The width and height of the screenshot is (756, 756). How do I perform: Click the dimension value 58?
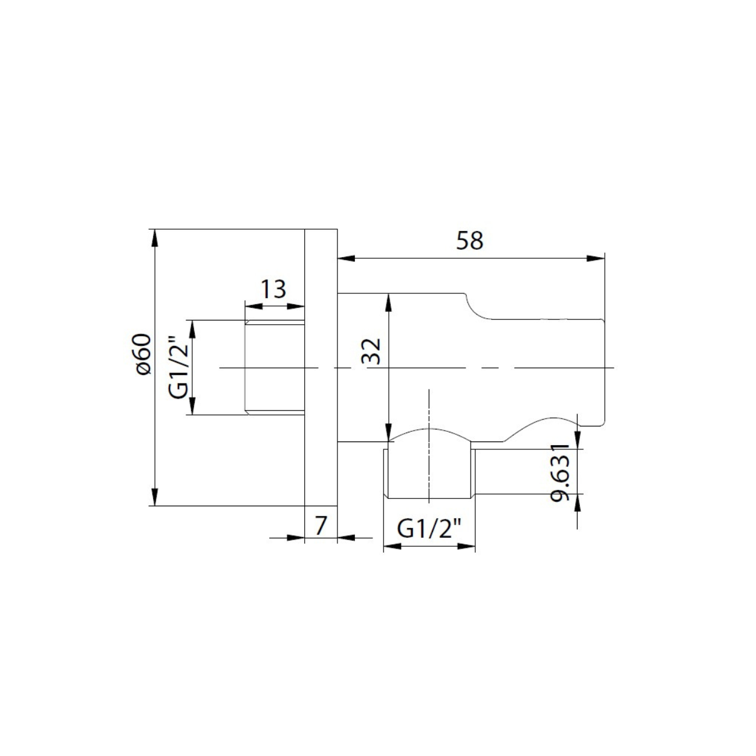coord(469,241)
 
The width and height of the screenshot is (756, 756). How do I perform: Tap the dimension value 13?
coord(274,289)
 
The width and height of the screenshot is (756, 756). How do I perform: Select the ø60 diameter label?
coord(142,354)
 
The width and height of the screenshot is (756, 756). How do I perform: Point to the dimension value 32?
coord(371,351)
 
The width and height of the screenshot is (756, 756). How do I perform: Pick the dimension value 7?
coord(321,526)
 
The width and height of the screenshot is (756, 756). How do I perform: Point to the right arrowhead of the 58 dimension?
coord(596,258)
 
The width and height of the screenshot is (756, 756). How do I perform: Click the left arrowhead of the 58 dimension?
coord(347,258)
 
